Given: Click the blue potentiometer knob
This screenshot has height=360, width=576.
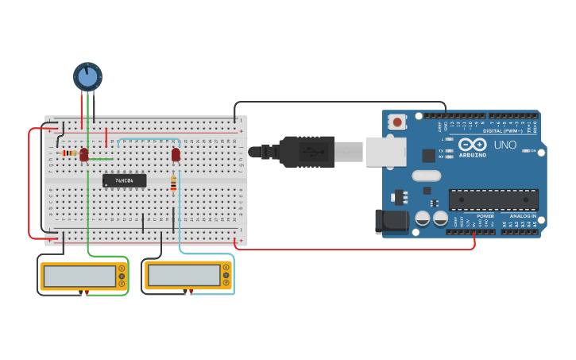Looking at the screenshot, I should [87, 77].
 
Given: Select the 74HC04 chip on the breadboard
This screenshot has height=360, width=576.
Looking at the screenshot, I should [125, 180].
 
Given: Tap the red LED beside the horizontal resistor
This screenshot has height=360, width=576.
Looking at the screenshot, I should [84, 155].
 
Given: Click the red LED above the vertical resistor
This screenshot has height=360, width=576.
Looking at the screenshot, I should [176, 155].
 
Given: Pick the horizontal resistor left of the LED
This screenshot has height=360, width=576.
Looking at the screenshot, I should [69, 153].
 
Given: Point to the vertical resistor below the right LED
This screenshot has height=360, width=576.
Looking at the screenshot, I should [174, 184].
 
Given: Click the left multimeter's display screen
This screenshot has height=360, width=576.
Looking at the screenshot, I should [79, 276].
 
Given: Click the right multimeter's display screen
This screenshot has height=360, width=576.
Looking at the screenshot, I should [183, 275].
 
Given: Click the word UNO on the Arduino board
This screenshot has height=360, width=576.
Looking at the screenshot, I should [505, 145].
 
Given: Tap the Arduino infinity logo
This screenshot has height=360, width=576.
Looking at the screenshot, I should [471, 145].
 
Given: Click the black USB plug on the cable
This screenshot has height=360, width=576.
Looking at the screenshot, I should [306, 151].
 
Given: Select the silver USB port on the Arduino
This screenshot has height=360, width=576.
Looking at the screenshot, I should [386, 151].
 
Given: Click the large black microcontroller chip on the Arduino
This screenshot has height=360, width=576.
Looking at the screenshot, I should [493, 199].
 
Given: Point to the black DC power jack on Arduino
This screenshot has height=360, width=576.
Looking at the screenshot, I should [391, 221].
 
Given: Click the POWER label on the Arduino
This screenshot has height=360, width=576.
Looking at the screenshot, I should [485, 216].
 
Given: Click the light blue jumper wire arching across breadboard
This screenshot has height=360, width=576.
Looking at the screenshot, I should [147, 139].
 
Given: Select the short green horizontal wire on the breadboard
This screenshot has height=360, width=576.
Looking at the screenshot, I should [101, 159].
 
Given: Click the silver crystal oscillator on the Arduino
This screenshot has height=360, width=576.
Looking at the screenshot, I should [426, 176].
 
